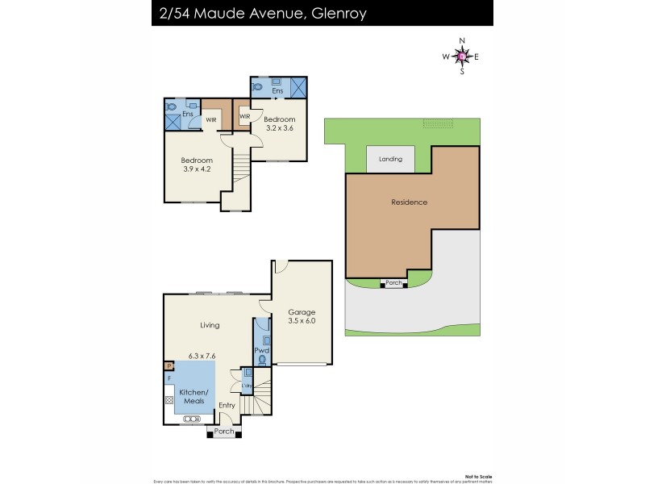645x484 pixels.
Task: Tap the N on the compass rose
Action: coord(462,40)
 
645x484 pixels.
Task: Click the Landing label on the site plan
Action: coord(390,159)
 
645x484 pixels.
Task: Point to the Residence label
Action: coord(409,202)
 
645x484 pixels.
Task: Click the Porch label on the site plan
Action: coord(393,283)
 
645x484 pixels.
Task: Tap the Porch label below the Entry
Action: coord(223,432)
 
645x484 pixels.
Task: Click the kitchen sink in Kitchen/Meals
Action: coord(192,419)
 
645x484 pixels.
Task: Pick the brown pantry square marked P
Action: coord(169,365)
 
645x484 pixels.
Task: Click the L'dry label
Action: coord(248,386)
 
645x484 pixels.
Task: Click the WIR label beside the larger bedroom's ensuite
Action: coord(210,120)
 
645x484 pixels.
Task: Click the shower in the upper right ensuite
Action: coord(298,87)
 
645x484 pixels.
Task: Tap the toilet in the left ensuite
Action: coord(170,106)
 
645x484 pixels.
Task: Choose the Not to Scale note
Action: coord(476,469)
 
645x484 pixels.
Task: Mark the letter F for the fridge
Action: coord(169,377)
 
